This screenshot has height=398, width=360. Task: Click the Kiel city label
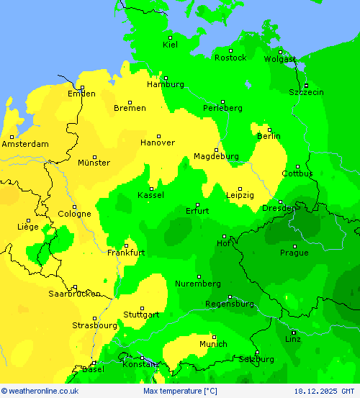170,45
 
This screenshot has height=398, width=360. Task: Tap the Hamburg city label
165,84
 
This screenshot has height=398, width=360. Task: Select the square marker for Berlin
269,130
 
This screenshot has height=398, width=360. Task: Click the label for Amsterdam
25,144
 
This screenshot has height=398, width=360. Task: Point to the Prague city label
294,253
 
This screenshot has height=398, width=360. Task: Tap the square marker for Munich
214,337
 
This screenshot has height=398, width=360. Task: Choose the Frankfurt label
126,253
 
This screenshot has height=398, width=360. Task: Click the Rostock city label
230,58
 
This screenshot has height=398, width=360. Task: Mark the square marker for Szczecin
306,86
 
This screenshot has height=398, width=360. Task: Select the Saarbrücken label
74,294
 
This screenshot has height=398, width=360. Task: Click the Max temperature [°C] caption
180,391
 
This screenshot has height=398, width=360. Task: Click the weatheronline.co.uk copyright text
40,391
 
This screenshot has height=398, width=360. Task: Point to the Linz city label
293,338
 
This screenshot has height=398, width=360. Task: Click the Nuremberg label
198,284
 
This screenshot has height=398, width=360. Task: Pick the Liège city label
27,227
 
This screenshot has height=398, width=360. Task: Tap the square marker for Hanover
159,136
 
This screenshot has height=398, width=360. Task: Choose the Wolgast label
279,59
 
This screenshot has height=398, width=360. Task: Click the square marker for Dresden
280,202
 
